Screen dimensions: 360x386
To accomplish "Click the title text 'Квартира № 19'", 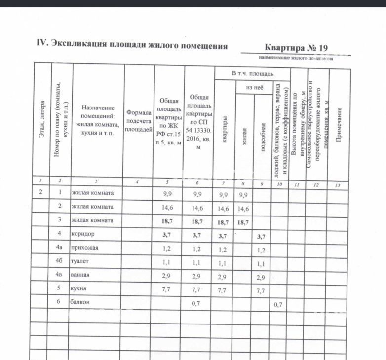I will tap(296, 48).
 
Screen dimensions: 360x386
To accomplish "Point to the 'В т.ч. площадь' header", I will tap(252, 73).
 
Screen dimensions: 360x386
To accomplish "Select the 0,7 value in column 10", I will tap(278, 305).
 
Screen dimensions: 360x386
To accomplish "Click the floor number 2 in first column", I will tap(40, 193).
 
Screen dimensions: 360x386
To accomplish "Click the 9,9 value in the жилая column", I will tap(243, 195).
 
